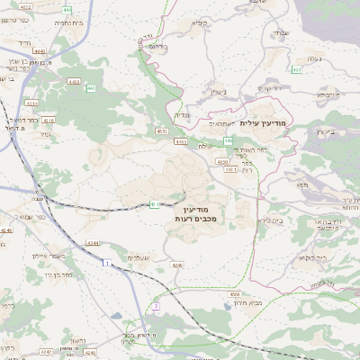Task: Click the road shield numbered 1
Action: [x=105, y=263]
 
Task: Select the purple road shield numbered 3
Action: [x=155, y=306]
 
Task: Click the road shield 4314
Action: [x=31, y=103]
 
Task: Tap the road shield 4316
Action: [x=48, y=119]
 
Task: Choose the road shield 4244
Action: [x=92, y=242]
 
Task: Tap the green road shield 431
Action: [x=155, y=204]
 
